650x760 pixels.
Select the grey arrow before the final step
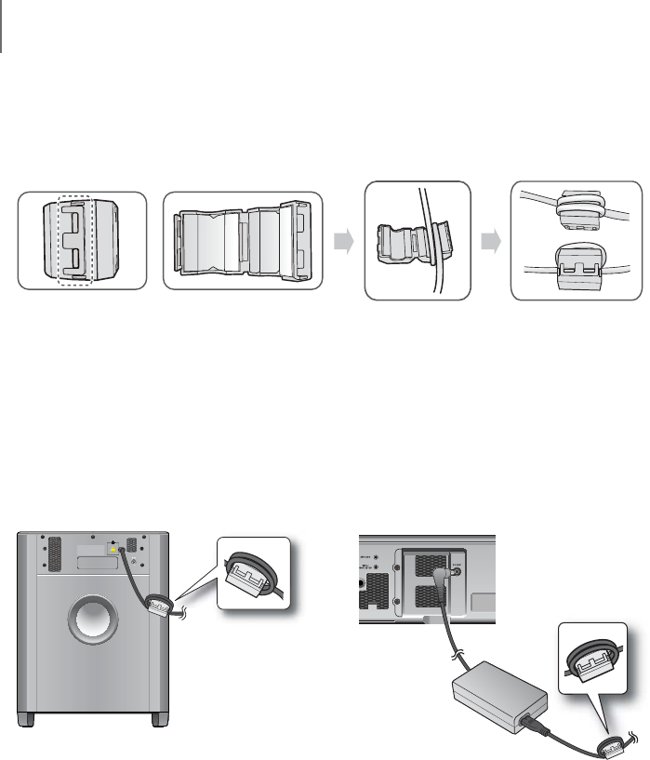[x=492, y=241]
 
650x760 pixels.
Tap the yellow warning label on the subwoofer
[x=114, y=548]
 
